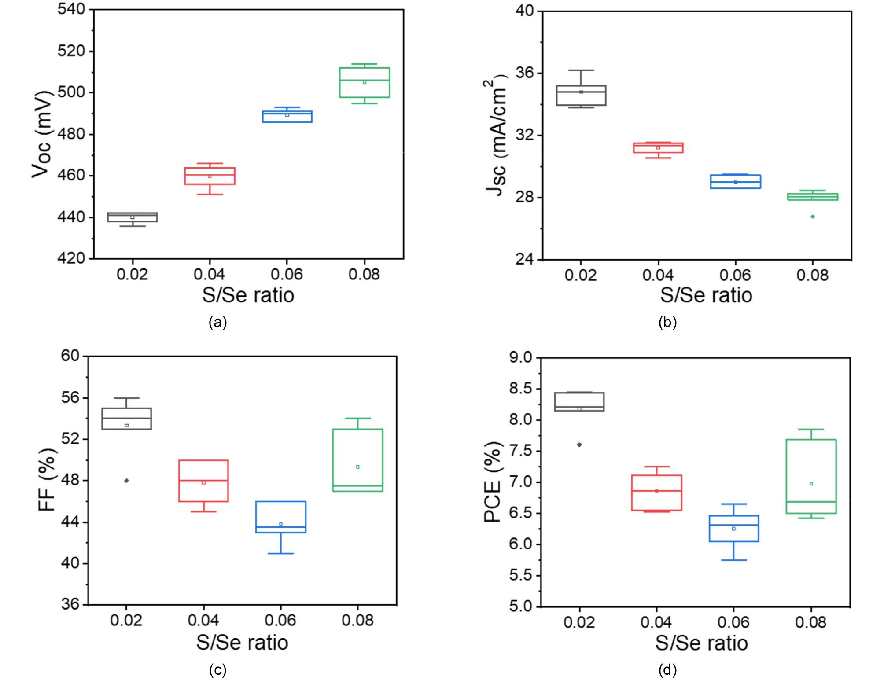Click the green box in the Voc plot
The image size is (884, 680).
(365, 82)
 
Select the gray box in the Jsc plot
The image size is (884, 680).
(581, 96)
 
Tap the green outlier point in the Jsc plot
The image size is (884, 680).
(813, 217)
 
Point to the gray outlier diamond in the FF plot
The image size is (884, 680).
(127, 481)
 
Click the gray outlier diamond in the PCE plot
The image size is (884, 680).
(579, 445)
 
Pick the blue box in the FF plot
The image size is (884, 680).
(281, 517)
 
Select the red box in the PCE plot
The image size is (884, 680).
(656, 493)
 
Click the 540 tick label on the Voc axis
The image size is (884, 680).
(71, 9)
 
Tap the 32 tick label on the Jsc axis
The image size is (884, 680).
(524, 135)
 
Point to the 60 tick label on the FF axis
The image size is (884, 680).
(70, 356)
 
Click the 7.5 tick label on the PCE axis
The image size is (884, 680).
(520, 451)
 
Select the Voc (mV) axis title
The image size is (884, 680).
(42, 134)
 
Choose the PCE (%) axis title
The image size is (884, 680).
(493, 482)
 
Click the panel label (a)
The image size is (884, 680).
(217, 322)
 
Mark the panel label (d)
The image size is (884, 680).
(667, 670)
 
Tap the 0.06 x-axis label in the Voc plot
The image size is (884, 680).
(287, 275)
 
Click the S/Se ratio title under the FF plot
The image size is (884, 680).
(242, 643)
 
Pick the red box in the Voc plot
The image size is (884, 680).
(210, 176)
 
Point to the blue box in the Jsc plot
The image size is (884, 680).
(735, 182)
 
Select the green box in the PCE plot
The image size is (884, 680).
(811, 476)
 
